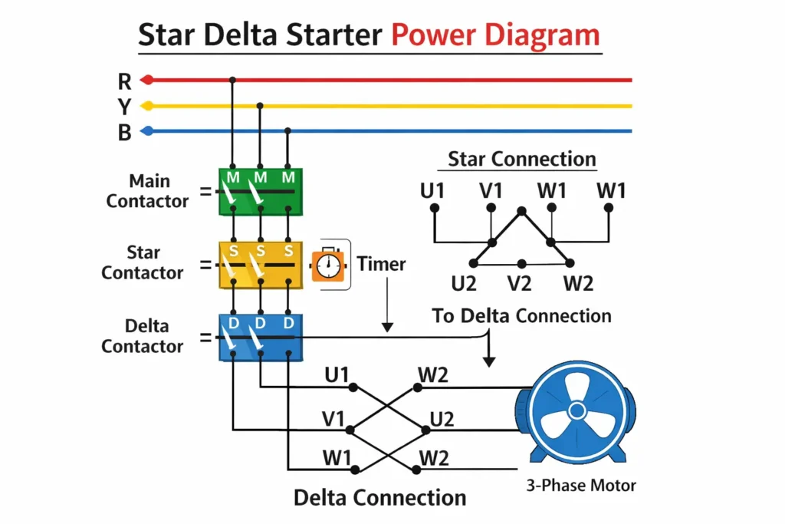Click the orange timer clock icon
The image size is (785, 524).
click(327, 265)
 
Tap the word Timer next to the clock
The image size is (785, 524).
click(381, 264)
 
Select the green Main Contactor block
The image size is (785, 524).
click(261, 190)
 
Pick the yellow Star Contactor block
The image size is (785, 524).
click(261, 265)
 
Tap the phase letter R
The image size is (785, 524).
click(124, 81)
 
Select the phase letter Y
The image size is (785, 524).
click(124, 107)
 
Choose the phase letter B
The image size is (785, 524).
click(124, 133)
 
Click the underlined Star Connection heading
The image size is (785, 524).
click(521, 160)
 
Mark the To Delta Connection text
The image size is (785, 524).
click(521, 316)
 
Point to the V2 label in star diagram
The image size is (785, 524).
click(520, 284)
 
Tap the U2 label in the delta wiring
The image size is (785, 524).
click(442, 419)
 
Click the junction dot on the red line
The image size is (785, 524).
click(232, 80)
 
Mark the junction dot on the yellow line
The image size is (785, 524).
click(260, 106)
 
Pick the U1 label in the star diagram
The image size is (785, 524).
click(432, 190)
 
